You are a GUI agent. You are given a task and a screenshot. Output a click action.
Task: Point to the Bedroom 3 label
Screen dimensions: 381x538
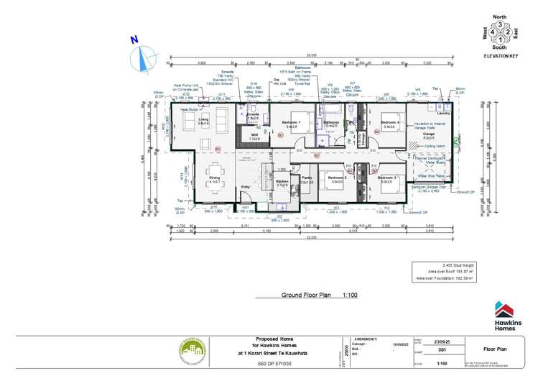coord(389,177)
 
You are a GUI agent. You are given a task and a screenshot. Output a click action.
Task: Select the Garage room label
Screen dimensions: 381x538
coord(428,134)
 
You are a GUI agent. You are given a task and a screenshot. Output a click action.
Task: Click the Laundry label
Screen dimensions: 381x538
coord(443,114)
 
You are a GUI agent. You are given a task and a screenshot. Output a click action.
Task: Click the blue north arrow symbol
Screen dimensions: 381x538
coord(144,55)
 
